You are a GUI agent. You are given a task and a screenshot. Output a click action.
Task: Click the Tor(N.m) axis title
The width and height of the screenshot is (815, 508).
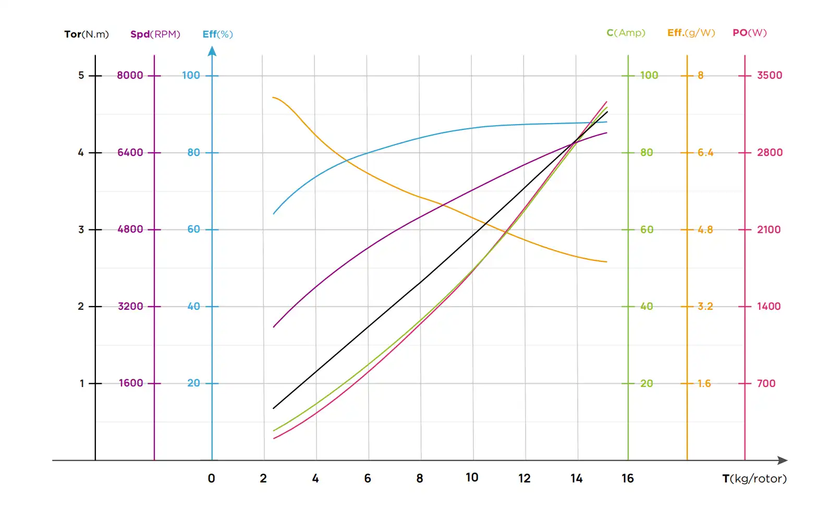pyautogui.click(x=87, y=34)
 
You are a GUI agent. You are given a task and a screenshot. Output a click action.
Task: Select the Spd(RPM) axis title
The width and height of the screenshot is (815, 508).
pyautogui.click(x=155, y=34)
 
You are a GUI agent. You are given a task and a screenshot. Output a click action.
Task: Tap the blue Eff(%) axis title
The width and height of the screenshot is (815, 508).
pyautogui.click(x=217, y=34)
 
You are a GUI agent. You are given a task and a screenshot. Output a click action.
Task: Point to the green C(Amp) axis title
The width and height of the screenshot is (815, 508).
pyautogui.click(x=626, y=33)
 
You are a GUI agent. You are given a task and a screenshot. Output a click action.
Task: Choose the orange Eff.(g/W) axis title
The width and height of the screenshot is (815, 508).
pyautogui.click(x=691, y=33)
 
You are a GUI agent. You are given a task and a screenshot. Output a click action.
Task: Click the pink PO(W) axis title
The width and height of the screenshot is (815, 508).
pyautogui.click(x=749, y=33)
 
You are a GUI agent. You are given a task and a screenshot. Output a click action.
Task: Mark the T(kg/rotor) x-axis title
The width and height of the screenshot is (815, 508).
pyautogui.click(x=754, y=479)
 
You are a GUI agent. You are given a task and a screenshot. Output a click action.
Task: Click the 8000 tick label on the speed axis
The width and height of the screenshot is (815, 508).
pyautogui.click(x=130, y=75)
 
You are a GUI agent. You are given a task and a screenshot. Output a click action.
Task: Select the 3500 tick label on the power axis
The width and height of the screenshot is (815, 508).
pyautogui.click(x=770, y=75)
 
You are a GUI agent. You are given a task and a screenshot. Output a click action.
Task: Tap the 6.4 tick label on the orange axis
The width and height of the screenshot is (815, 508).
pyautogui.click(x=705, y=152)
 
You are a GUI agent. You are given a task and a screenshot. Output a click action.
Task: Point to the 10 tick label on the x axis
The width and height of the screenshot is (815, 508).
pyautogui.click(x=472, y=478)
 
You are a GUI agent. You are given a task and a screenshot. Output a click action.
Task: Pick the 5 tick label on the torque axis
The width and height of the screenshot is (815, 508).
pyautogui.click(x=81, y=75)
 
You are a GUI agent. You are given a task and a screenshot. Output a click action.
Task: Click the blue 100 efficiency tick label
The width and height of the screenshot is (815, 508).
pyautogui.click(x=191, y=75)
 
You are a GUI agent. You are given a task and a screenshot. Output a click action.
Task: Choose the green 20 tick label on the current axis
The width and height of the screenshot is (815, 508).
pyautogui.click(x=647, y=383)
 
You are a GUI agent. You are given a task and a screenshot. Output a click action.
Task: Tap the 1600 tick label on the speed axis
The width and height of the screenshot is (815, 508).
pyautogui.click(x=131, y=383)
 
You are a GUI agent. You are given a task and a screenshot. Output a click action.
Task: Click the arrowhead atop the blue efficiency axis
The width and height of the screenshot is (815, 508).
pyautogui.click(x=212, y=51)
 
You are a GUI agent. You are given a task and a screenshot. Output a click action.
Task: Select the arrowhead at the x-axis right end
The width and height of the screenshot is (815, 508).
pyautogui.click(x=783, y=461)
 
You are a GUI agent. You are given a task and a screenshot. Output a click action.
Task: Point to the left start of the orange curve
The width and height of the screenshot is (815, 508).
pyautogui.click(x=273, y=98)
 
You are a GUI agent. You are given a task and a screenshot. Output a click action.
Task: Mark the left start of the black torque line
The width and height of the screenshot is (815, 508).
pyautogui.click(x=274, y=408)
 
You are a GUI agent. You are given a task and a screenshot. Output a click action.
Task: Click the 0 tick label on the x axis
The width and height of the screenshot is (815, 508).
pyautogui.click(x=211, y=478)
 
